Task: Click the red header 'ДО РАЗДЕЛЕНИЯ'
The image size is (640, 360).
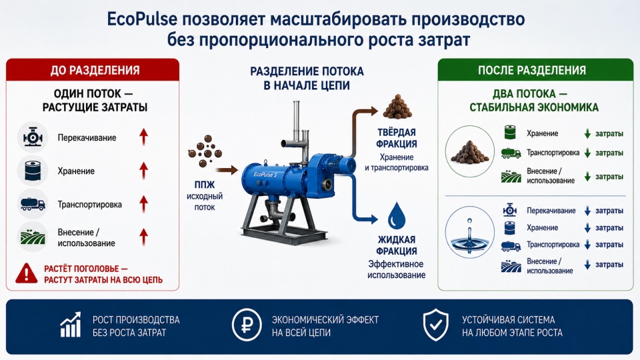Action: pos(95,70)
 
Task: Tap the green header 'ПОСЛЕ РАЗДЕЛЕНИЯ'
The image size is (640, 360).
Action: pos(532,70)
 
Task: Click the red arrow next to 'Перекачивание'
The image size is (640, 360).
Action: pos(143,137)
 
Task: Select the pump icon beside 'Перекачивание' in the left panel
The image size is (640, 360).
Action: pos(33,137)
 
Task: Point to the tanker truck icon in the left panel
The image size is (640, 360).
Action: pos(33,204)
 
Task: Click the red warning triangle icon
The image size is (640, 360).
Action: pos(27,273)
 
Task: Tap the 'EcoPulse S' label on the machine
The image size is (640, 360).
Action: pos(265,174)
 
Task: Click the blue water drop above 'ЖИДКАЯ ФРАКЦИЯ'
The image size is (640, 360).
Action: pos(396,216)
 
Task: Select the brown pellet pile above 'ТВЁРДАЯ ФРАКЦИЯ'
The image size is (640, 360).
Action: pos(397,107)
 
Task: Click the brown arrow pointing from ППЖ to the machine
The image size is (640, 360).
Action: pos(227,170)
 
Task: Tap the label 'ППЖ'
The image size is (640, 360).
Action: pos(205,185)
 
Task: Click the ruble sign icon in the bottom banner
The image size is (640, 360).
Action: pos(247,325)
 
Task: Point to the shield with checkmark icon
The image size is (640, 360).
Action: pos(435,325)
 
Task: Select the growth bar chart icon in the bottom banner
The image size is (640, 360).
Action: pos(71,325)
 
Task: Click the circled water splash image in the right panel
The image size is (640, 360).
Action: pos(469,232)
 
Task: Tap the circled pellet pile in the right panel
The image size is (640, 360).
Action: pos(469,151)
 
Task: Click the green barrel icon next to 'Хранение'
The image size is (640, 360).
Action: pos(510,133)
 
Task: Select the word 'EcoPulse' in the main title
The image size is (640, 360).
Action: pos(142,20)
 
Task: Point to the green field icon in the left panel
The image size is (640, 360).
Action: pos(33,237)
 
